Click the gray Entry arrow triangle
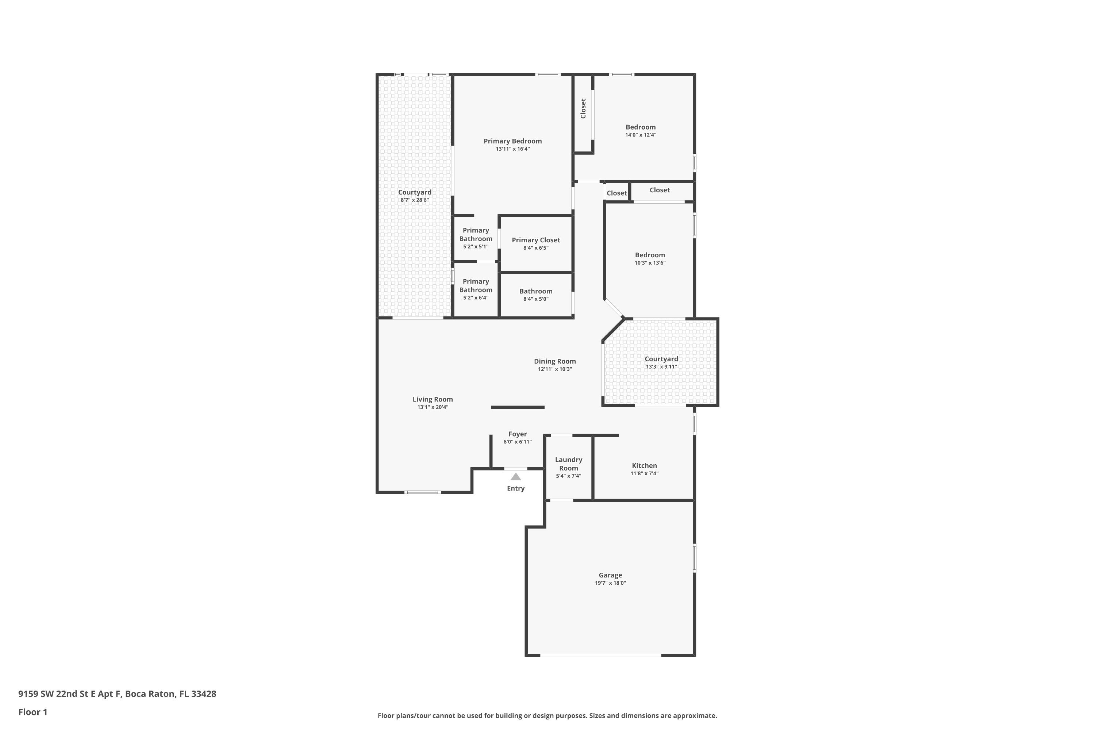click(515, 477)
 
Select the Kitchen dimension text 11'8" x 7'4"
click(644, 473)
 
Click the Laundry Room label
click(568, 464)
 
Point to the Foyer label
click(517, 434)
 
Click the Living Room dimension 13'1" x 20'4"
click(433, 407)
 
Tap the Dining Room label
click(554, 361)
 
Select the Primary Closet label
click(536, 240)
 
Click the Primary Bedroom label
click(512, 141)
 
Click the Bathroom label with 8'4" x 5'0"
click(536, 291)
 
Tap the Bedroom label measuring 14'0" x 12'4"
click(641, 127)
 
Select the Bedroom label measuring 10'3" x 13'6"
click(650, 255)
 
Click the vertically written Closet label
click(583, 108)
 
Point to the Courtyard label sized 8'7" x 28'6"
click(414, 192)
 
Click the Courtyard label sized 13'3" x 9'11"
click(661, 359)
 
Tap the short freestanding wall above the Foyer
click(517, 407)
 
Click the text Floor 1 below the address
click(32, 712)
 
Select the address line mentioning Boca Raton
click(117, 694)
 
